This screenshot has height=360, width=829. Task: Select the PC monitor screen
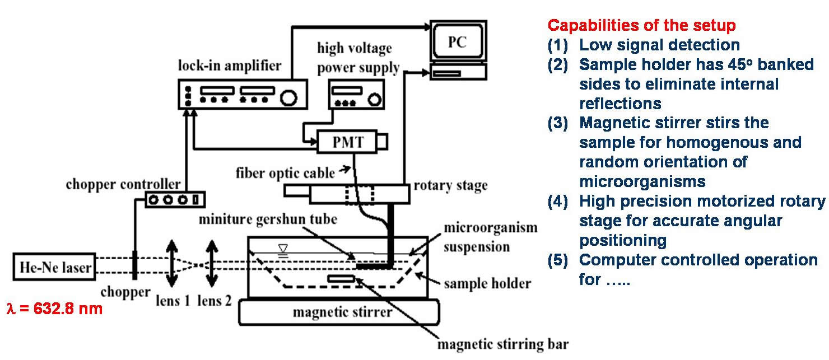[457, 43]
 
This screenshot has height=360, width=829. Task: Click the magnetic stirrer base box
[339, 312]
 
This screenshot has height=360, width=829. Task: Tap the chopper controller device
[174, 200]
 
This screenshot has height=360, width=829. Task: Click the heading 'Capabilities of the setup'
[641, 26]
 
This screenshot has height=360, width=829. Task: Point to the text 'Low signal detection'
[659, 45]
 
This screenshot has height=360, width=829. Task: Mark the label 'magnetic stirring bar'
[505, 343]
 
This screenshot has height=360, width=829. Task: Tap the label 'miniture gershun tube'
[268, 219]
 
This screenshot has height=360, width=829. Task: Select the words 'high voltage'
[355, 48]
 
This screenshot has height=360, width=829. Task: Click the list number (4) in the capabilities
[558, 201]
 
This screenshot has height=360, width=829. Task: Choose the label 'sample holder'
[487, 283]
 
